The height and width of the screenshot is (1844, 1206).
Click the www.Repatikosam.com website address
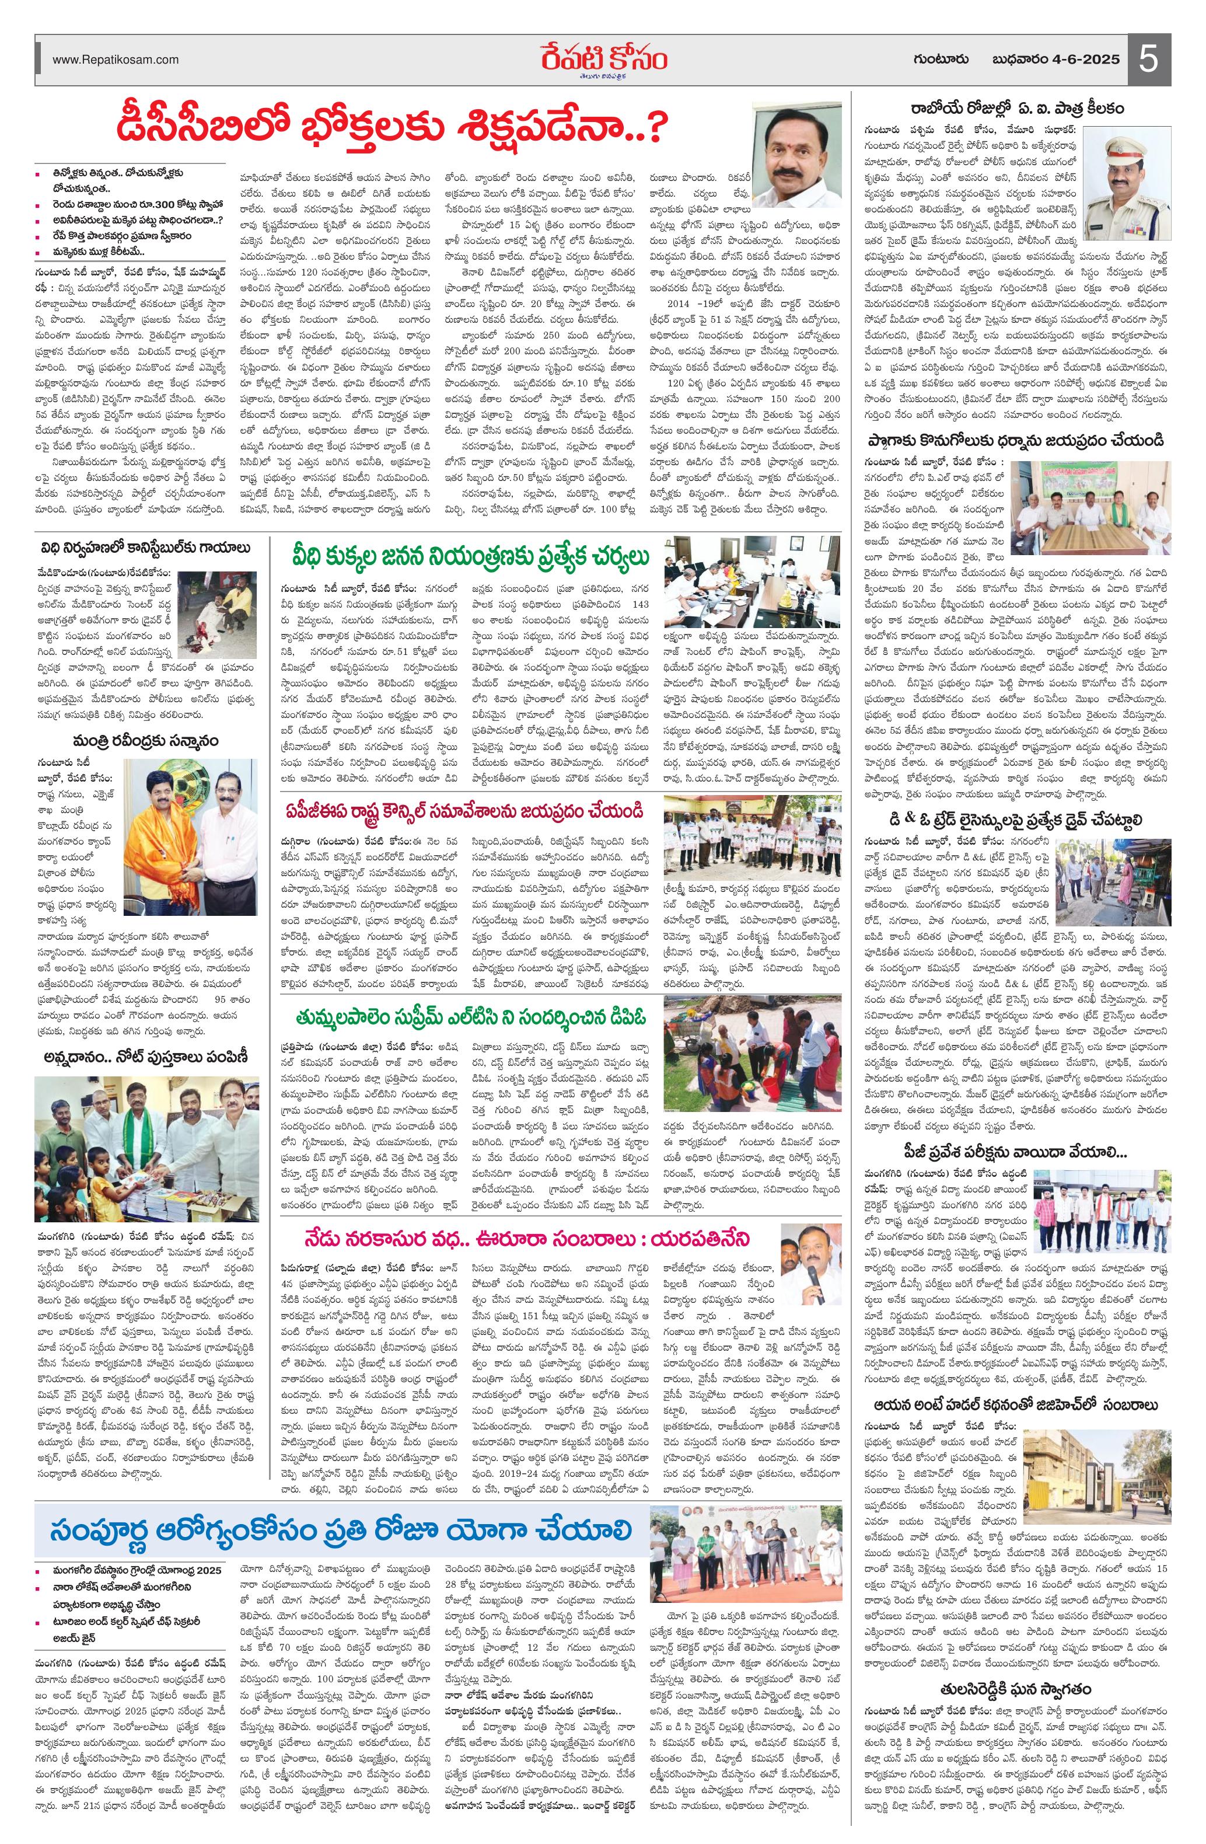116,60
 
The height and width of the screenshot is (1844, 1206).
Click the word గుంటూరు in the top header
946,60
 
